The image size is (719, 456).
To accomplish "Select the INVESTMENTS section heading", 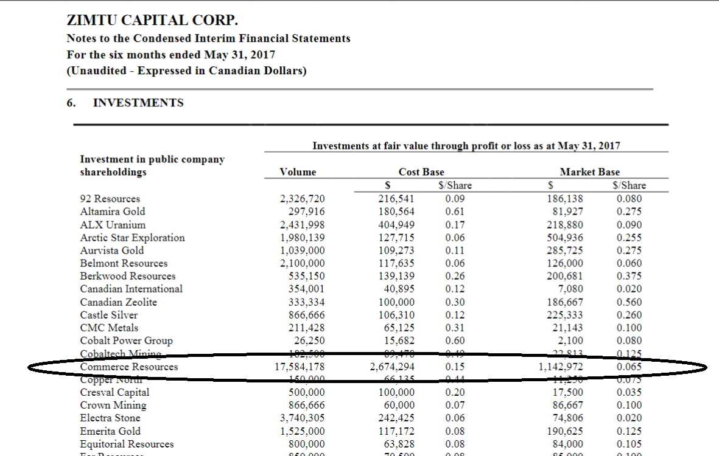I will point(138,103).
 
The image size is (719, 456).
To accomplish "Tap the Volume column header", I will point(298,172).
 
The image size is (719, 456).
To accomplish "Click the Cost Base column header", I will point(421,172).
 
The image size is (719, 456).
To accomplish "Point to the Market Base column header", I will point(590,172).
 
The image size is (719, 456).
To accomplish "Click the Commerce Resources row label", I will point(129,367).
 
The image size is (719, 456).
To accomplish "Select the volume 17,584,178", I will point(300,367).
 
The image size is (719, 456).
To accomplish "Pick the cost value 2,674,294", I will point(393,367).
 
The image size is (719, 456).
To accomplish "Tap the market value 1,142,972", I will point(561,367).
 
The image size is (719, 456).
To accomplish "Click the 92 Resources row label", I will point(110,199).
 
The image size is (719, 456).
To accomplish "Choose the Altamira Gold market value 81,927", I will point(568,212).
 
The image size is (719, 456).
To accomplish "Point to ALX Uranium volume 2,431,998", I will point(303,225).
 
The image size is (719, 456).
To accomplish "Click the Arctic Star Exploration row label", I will point(132,238).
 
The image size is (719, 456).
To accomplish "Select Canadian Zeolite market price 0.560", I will point(629,302).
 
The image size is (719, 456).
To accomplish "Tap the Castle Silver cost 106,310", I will point(397,315).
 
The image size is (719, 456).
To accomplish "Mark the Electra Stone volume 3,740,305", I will point(303,418).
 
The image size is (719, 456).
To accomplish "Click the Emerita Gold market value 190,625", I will point(566,431).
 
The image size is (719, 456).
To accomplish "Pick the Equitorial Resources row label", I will point(127,444).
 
